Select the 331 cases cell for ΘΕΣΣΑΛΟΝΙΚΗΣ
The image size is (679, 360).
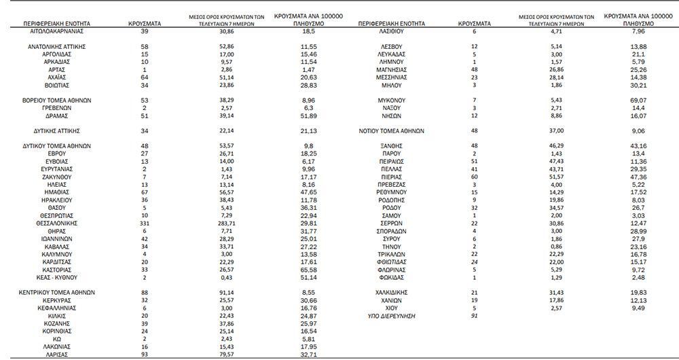[x=145, y=222]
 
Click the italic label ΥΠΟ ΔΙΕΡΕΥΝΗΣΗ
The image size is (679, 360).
[x=390, y=316]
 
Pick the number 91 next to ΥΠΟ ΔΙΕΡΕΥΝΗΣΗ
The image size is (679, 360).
[x=475, y=316]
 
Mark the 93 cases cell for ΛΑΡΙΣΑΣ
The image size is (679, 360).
[x=145, y=354]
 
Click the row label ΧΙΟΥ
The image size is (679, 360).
[x=392, y=308]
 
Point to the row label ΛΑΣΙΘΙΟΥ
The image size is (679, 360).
[x=392, y=32]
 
